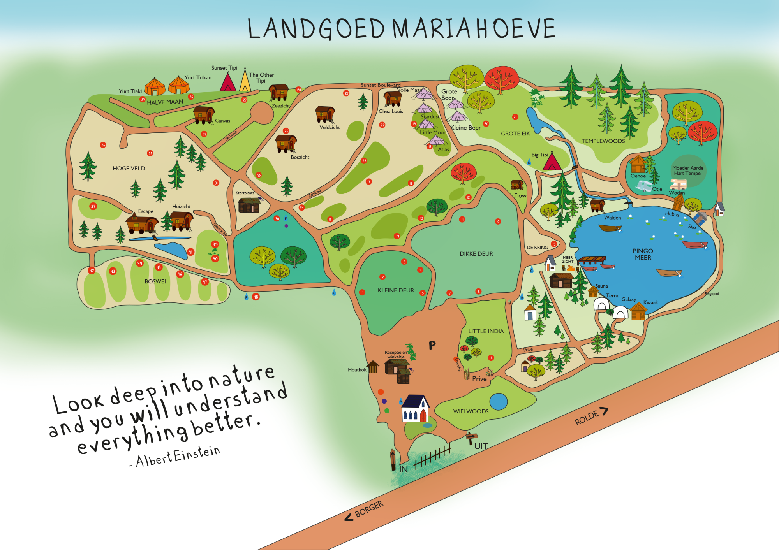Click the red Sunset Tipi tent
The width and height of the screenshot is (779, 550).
point(228,83)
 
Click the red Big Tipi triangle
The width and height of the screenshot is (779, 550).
point(552,162)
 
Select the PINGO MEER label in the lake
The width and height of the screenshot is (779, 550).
point(643,254)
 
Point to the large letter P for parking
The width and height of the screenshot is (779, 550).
point(432,345)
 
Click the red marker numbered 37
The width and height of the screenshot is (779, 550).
point(93,206)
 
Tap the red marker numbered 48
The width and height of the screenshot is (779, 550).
point(256,297)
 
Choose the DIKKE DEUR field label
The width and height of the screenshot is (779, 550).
point(476,254)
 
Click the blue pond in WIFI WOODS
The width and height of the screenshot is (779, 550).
point(498,402)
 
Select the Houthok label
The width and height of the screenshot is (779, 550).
point(357,370)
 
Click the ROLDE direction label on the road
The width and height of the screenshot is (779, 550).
point(587,418)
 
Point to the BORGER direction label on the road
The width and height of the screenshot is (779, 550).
point(369,509)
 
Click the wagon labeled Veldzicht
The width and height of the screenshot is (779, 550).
point(325,114)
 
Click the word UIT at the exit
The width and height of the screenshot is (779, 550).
point(481,446)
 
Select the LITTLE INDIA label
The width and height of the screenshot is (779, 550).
point(486,331)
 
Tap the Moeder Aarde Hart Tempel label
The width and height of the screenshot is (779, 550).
point(687,170)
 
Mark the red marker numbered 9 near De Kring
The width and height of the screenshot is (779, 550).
point(554,244)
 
